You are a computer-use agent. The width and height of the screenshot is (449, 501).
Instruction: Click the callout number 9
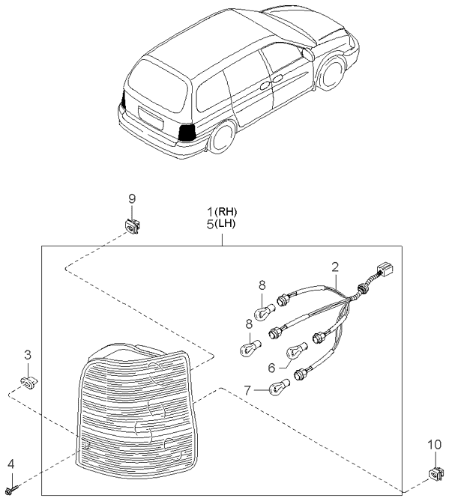pos(131,198)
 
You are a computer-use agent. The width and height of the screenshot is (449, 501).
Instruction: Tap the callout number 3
pos(27,354)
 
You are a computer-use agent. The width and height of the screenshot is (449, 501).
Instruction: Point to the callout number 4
pos(10,465)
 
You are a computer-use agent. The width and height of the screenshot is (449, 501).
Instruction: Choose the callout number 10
pos(435,446)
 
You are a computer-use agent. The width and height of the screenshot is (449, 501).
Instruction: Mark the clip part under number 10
pos(435,473)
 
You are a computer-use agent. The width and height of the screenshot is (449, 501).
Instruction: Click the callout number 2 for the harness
pos(335,267)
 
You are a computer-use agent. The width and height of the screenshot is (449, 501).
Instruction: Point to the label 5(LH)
pos(221,223)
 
